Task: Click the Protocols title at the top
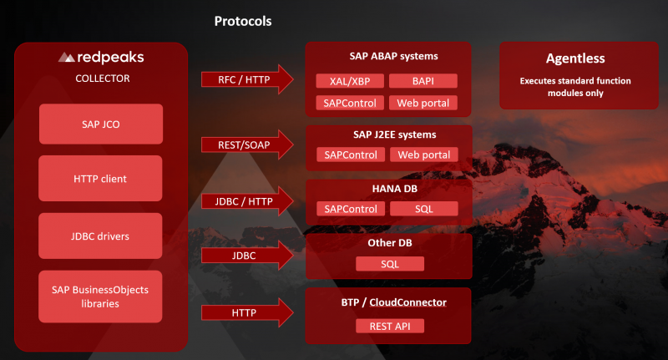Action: click(x=244, y=21)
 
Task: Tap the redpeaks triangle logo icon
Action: click(x=67, y=58)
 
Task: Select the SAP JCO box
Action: click(x=101, y=124)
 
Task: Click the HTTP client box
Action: click(x=101, y=178)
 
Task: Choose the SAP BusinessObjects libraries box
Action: click(x=101, y=296)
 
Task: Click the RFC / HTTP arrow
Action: click(x=247, y=80)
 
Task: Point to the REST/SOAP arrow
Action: click(x=247, y=145)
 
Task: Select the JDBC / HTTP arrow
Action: click(x=247, y=200)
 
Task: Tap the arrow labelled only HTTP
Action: click(x=247, y=312)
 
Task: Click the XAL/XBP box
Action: click(x=351, y=81)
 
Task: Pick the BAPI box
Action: click(x=423, y=81)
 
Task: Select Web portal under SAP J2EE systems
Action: click(x=423, y=155)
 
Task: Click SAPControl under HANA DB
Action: click(x=351, y=208)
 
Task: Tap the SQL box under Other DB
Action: click(x=389, y=264)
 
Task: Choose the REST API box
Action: click(x=389, y=326)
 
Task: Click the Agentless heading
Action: click(x=575, y=59)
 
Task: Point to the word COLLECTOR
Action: click(x=101, y=79)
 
